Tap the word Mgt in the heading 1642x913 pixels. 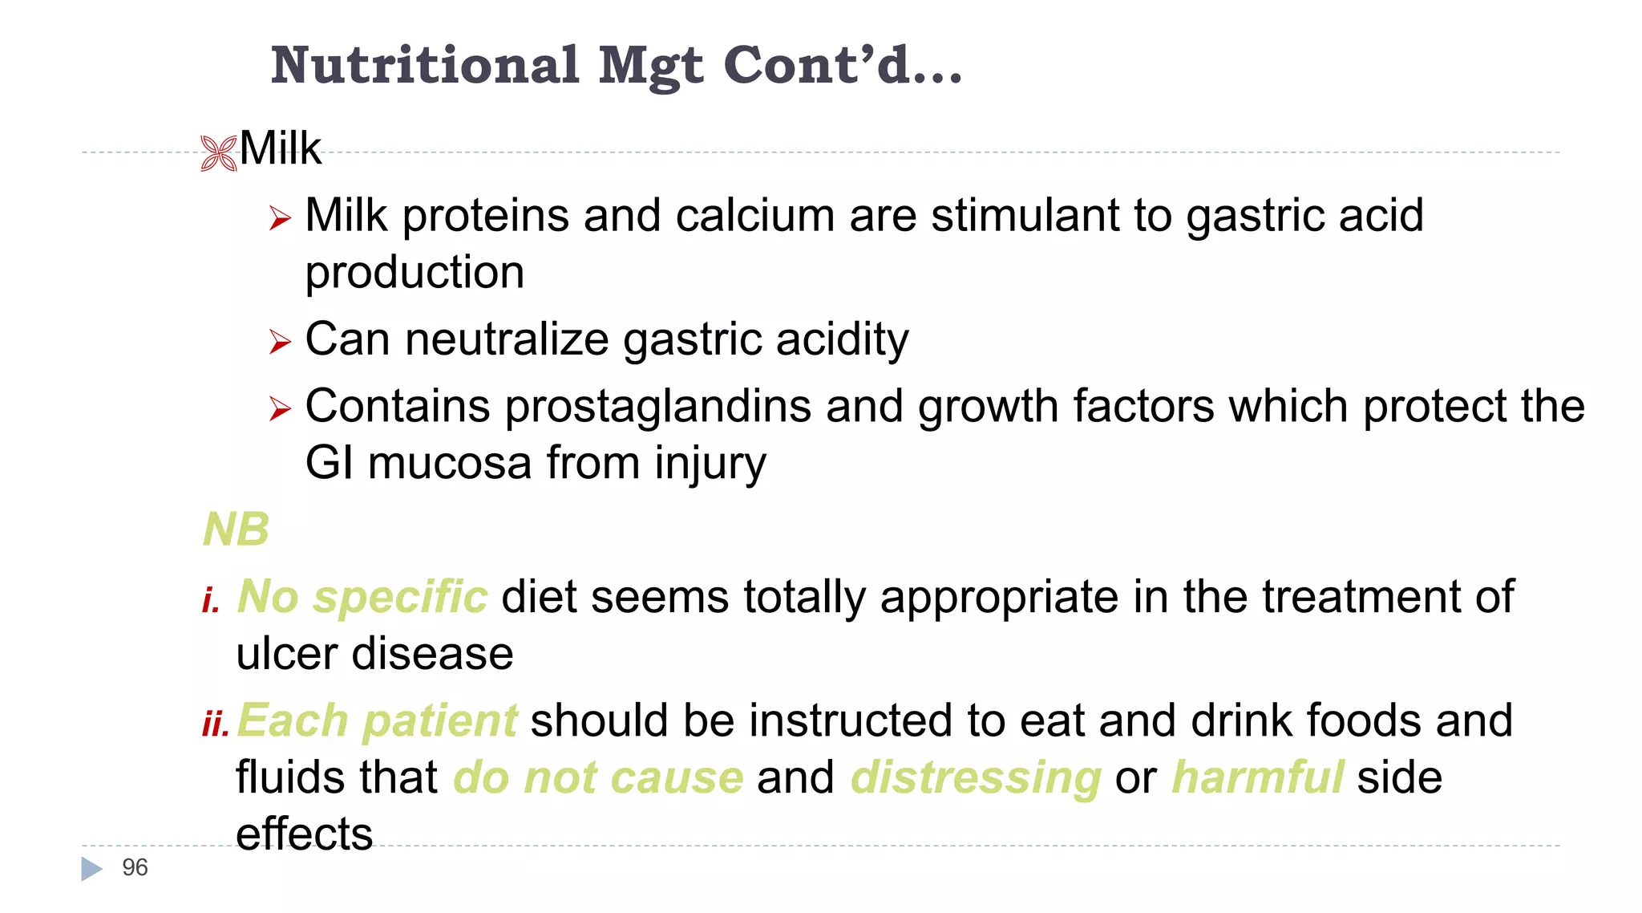651,66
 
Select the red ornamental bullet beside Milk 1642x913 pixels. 219,152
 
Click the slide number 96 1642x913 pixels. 135,867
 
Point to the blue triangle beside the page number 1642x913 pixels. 92,868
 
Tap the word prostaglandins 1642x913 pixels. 658,406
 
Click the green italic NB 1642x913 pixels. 236,530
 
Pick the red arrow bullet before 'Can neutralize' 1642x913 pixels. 280,342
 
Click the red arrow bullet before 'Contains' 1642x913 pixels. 280,408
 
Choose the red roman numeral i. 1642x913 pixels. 211,599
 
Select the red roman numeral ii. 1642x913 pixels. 216,723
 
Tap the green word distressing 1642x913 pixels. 976,778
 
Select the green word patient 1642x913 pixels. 439,721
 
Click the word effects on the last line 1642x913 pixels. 305,834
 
